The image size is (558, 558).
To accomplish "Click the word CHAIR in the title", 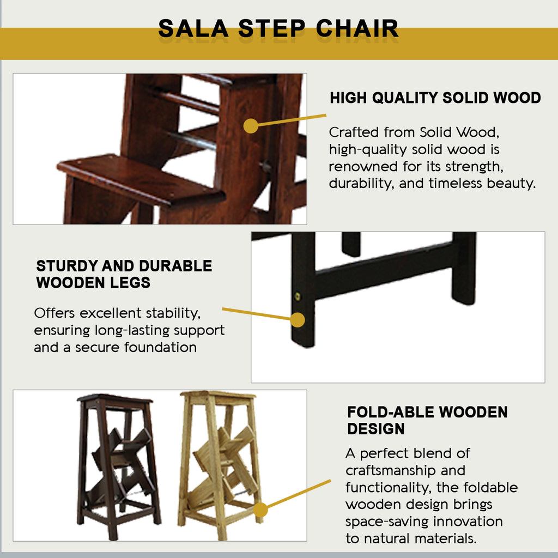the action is coord(357,28).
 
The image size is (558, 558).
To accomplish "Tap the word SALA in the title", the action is coord(193,28).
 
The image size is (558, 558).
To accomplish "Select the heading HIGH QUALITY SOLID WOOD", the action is coord(435,98).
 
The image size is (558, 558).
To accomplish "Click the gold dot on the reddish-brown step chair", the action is coord(251,126).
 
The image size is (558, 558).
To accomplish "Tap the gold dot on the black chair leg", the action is coord(298,320).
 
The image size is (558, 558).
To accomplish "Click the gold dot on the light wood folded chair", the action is coord(260,510).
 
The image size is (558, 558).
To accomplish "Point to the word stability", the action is coord(173,313).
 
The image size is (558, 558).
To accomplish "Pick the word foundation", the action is coord(161,347).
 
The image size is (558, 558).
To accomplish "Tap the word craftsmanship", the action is coord(390,470).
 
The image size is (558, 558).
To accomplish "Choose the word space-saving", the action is coord(387,521).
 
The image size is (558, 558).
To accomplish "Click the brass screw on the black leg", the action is coord(298,296).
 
